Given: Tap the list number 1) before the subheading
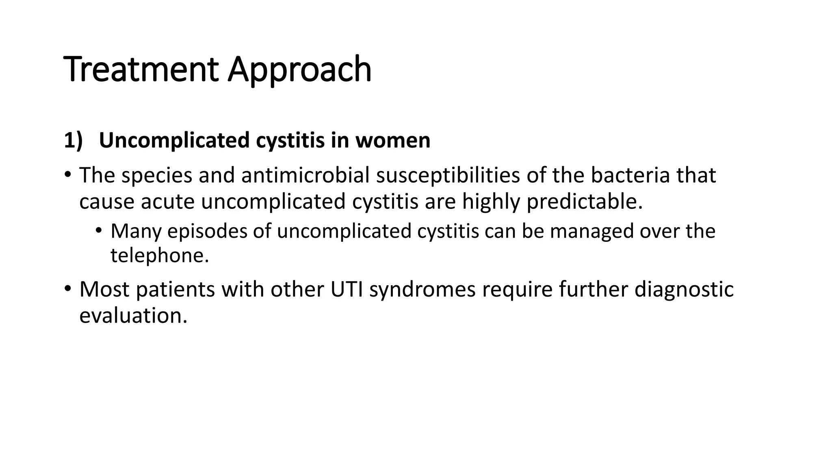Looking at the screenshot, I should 73,141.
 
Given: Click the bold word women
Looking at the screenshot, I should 393,141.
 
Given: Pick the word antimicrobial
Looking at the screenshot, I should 305,175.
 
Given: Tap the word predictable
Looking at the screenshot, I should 585,201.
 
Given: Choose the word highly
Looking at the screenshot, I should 491,201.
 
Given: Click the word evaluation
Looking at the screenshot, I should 133,315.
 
